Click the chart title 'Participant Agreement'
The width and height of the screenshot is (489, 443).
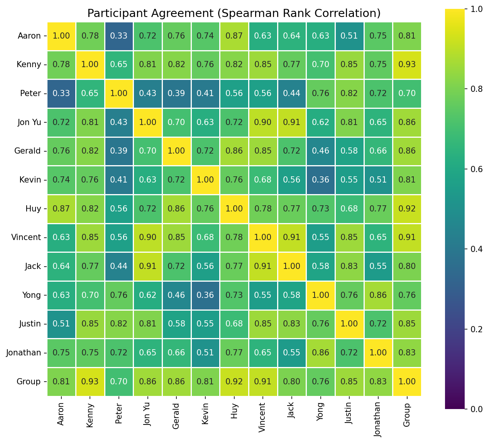coord(234,13)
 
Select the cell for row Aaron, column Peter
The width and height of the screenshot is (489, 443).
coord(119,36)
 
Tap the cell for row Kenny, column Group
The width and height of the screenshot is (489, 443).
coord(407,64)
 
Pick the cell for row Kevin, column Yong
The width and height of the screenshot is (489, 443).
coord(320,179)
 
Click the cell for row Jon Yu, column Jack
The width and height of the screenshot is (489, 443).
coord(292,122)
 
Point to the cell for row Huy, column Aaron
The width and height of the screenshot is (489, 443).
coord(61,208)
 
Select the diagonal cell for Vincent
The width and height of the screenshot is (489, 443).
coord(263,237)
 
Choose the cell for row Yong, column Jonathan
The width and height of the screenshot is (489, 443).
coord(378,295)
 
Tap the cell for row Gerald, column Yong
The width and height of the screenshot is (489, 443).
coord(320,151)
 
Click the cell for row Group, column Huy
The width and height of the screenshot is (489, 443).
coord(234,381)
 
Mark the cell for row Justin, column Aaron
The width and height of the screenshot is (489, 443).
coord(61,323)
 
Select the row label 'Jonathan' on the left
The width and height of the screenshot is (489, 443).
coord(24,352)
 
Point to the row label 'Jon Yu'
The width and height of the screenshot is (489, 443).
coord(29,122)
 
